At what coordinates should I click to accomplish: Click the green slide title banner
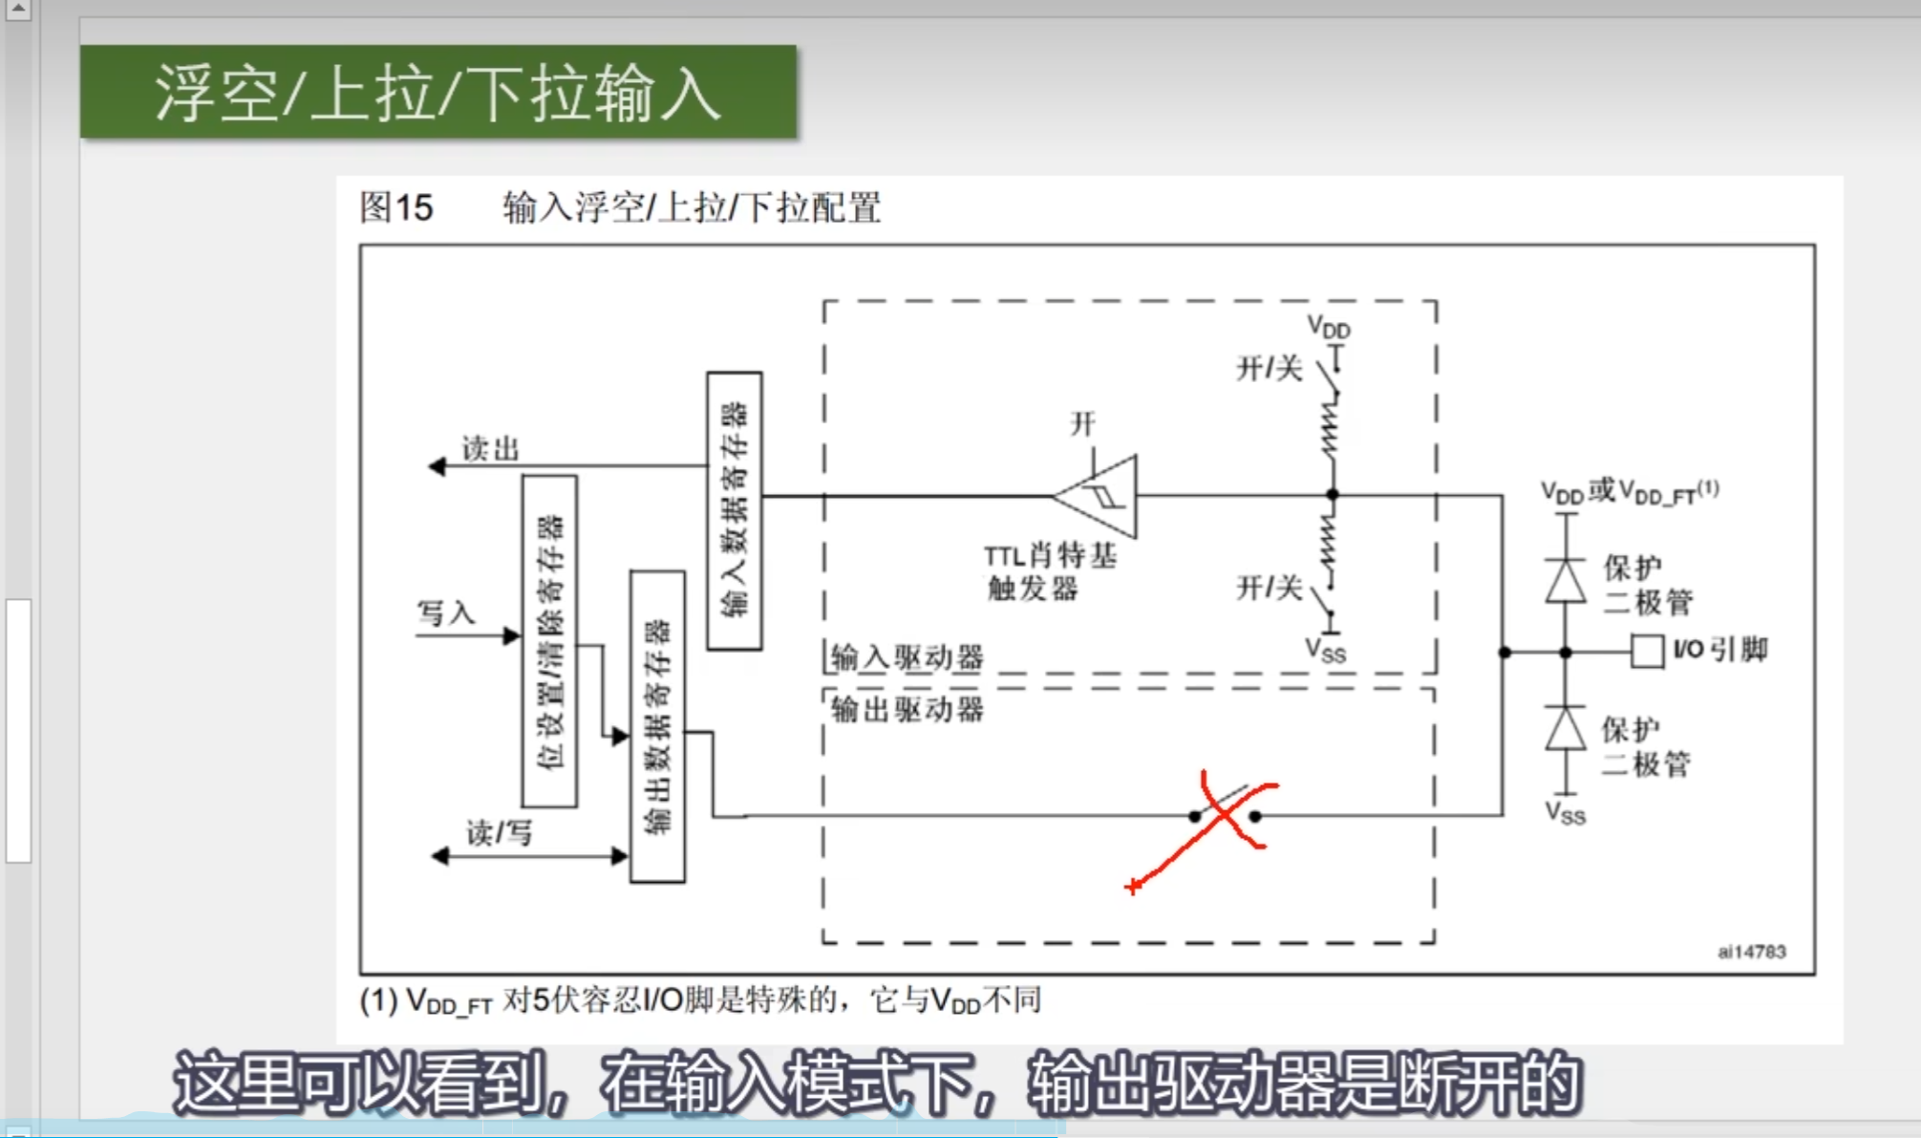438,93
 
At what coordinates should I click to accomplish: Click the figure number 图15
396,207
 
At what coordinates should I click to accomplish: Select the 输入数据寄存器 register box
734,511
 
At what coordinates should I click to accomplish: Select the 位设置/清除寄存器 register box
549,641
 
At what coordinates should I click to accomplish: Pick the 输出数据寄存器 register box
657,726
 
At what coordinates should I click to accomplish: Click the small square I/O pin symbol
1646,652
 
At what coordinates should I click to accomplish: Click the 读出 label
491,448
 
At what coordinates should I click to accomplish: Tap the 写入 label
446,612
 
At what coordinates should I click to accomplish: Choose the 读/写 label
499,833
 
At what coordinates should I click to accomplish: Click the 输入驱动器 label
907,657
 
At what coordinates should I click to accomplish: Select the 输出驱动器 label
907,710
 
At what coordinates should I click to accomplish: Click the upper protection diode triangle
1566,580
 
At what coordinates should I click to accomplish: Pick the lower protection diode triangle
1566,729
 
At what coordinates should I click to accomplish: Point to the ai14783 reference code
1751,952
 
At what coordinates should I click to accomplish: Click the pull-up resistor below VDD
1331,430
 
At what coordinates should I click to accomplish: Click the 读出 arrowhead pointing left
437,466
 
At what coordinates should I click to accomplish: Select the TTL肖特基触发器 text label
1049,571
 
